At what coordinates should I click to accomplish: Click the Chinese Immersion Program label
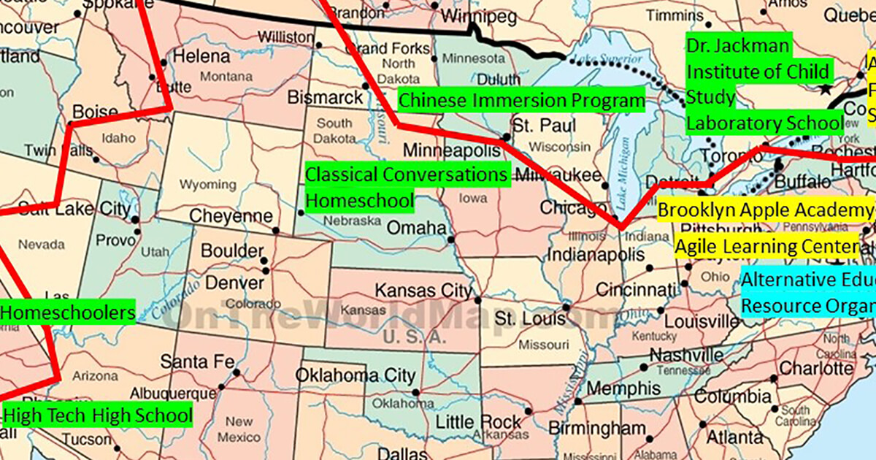click(521, 100)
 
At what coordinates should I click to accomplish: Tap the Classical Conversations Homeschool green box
click(406, 188)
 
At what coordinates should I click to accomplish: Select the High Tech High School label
click(97, 416)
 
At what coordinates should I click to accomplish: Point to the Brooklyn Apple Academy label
click(765, 210)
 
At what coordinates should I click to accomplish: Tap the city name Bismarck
click(325, 97)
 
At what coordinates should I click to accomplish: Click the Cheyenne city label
click(231, 217)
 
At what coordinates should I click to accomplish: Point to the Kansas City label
click(423, 291)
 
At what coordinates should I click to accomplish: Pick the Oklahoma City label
click(356, 376)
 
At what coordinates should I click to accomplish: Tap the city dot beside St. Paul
click(507, 137)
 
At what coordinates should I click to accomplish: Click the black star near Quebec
click(825, 89)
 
